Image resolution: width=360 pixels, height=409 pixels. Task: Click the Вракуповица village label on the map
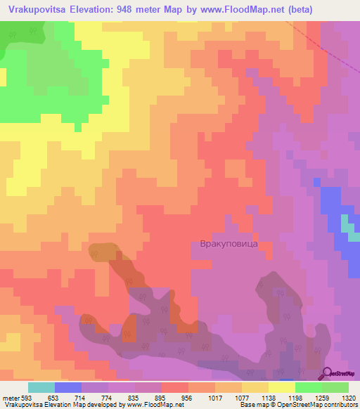coord(225,244)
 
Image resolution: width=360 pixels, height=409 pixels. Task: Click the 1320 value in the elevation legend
coord(348,397)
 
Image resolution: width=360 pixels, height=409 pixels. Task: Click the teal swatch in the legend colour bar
coord(41,387)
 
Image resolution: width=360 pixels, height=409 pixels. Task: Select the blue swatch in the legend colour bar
coord(68,387)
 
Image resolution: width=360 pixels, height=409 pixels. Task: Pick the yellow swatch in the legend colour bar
coord(282,387)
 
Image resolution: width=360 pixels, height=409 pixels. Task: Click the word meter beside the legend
coord(10,397)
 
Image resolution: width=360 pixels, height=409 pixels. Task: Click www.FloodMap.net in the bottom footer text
coord(145,405)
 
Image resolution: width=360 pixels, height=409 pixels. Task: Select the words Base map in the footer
coord(253,405)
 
